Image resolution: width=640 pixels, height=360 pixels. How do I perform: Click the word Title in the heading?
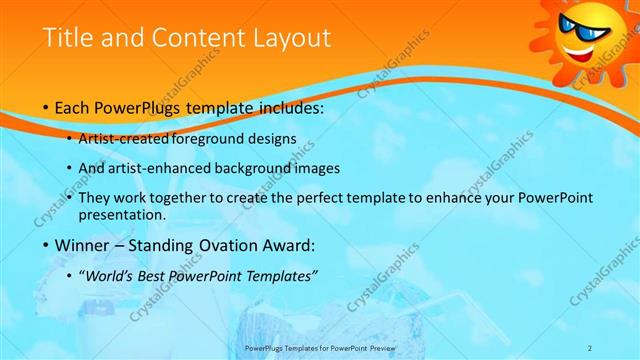(68, 38)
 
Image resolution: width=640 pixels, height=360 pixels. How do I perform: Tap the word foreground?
(213, 139)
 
